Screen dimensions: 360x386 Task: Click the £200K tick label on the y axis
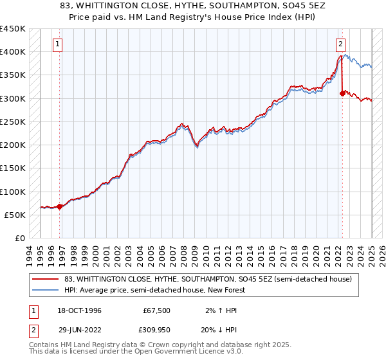click(12, 145)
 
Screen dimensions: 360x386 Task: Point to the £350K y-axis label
click(12, 75)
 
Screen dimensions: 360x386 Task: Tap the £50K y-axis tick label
click(15, 215)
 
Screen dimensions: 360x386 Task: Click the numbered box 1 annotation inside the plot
click(58, 44)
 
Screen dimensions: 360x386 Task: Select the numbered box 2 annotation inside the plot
click(340, 44)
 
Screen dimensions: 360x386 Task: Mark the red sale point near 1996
click(60, 207)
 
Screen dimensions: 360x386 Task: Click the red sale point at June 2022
click(342, 94)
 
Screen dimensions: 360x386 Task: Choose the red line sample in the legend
click(46, 280)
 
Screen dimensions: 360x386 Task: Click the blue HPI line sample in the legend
click(46, 290)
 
